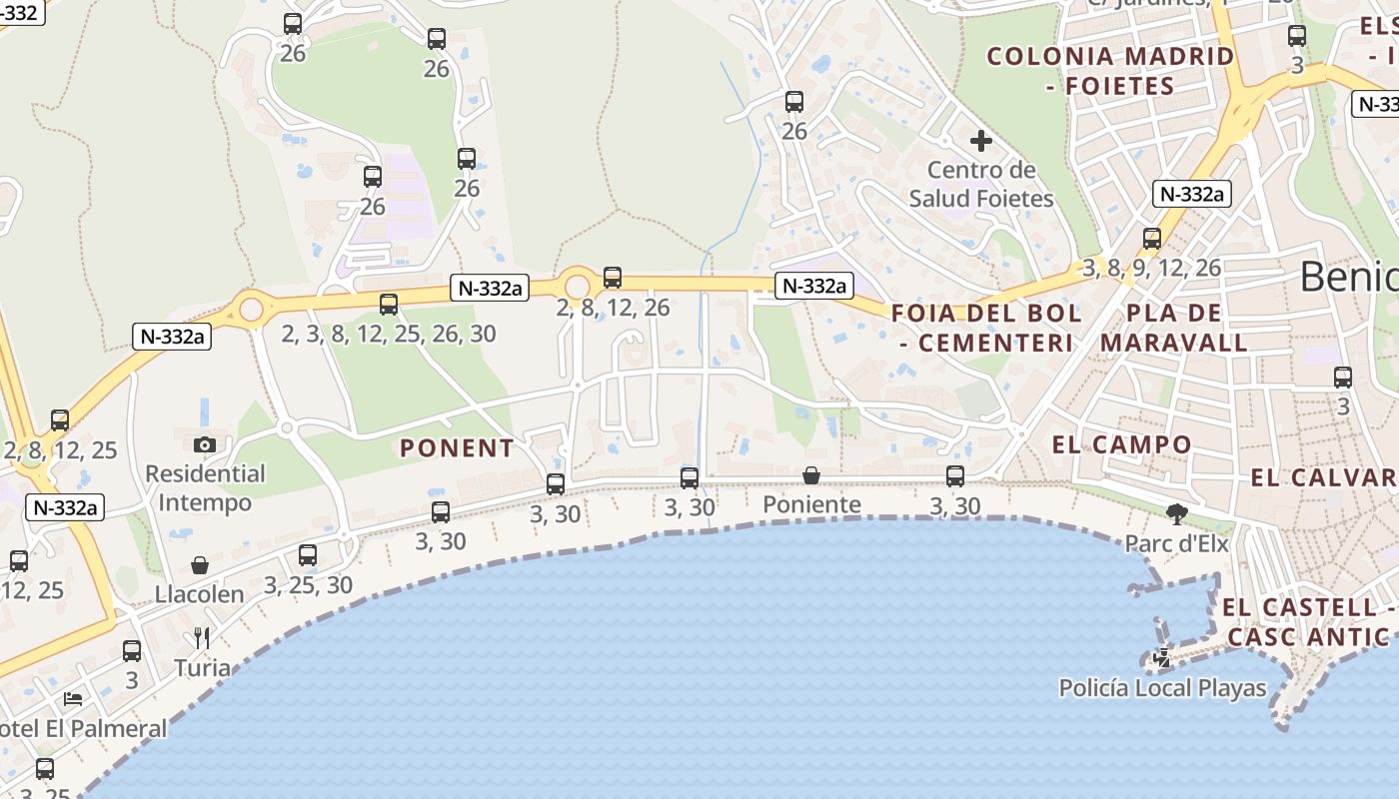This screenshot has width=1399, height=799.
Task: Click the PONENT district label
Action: point(457,448)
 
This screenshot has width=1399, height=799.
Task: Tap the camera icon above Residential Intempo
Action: point(205,444)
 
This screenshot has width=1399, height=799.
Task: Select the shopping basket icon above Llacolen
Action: point(200,565)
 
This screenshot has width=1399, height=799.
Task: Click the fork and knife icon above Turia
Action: point(202,637)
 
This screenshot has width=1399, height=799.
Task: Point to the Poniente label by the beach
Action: point(811,504)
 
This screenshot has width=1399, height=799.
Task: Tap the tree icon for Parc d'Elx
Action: point(1177,514)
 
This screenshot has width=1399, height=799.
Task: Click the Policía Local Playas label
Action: point(1162,688)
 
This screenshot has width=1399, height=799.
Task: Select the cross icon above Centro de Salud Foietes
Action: point(981,141)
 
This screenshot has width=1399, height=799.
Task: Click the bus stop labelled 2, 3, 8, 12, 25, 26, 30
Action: point(389,305)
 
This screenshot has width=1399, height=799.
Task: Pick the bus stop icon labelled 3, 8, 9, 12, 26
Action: point(1152,239)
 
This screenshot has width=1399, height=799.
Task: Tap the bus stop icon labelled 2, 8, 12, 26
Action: point(613,278)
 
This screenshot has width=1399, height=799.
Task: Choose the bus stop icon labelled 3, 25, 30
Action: point(308,555)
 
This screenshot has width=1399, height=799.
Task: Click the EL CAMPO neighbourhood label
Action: point(1122,444)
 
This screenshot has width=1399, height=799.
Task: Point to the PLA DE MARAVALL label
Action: point(1174,328)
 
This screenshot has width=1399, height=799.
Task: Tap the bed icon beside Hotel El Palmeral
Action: point(73,698)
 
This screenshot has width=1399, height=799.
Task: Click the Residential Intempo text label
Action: point(205,487)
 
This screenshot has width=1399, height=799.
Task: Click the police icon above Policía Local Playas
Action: point(1162,657)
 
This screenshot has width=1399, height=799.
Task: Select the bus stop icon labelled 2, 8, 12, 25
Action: point(60,420)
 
